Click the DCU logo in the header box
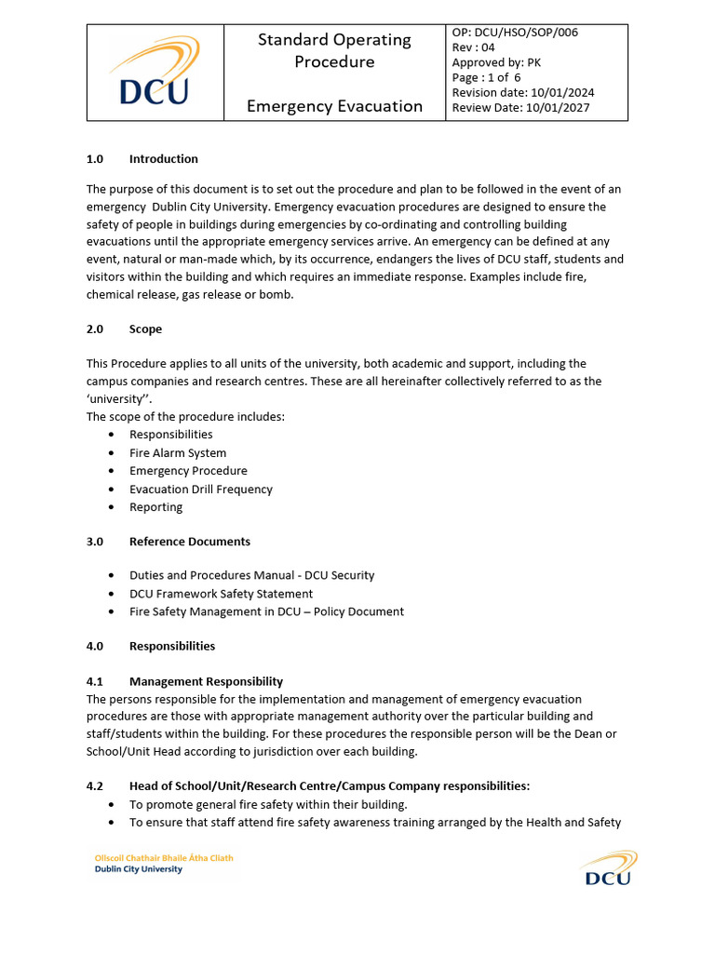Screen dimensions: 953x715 point(155,73)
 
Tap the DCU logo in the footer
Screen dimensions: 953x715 point(607,867)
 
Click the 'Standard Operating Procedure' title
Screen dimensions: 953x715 point(334,50)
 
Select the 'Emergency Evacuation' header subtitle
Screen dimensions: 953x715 point(334,106)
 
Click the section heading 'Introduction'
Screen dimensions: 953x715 point(163,159)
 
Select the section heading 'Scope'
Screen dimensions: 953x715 point(145,329)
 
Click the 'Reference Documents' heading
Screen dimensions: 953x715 point(189,542)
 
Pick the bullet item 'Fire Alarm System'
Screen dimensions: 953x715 point(177,453)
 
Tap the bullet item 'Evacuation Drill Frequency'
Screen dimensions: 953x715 point(200,490)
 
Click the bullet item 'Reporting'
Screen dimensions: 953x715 point(155,507)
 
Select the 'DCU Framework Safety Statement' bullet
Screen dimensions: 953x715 point(221,594)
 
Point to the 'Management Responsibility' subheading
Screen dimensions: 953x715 point(206,682)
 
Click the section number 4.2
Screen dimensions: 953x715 point(96,786)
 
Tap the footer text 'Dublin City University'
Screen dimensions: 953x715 point(139,870)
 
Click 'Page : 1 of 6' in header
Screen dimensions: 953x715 point(486,77)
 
